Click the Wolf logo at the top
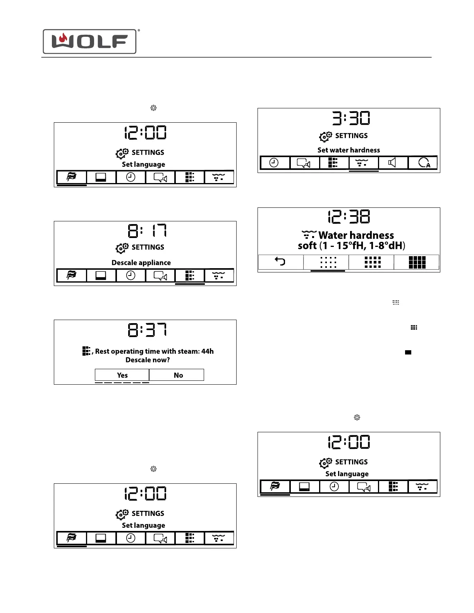[x=89, y=41]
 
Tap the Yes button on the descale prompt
[x=122, y=375]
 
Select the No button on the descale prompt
[x=178, y=375]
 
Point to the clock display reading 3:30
[x=351, y=118]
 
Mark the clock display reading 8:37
[x=147, y=330]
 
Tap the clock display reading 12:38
[x=349, y=217]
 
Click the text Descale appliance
[x=141, y=262]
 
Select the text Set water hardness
[x=349, y=150]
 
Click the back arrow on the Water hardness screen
[x=280, y=262]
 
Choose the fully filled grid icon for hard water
[x=417, y=262]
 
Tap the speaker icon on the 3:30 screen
[x=392, y=163]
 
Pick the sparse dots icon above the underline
[x=328, y=262]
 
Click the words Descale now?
[x=148, y=360]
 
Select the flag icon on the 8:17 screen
[x=72, y=275]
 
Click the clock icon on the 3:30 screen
[x=274, y=163]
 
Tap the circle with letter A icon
[x=424, y=163]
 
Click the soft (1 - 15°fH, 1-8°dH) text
[x=351, y=246]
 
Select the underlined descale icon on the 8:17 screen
[x=189, y=275]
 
